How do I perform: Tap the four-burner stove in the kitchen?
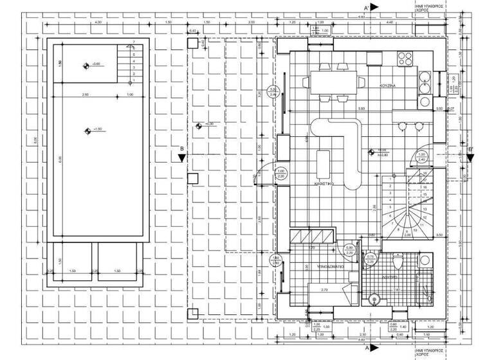tap(405, 59)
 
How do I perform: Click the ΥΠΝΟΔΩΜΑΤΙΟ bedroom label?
tap(331, 265)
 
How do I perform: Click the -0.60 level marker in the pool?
tap(87, 64)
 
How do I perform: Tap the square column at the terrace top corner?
tap(192, 44)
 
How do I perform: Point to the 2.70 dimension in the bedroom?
tap(324, 290)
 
